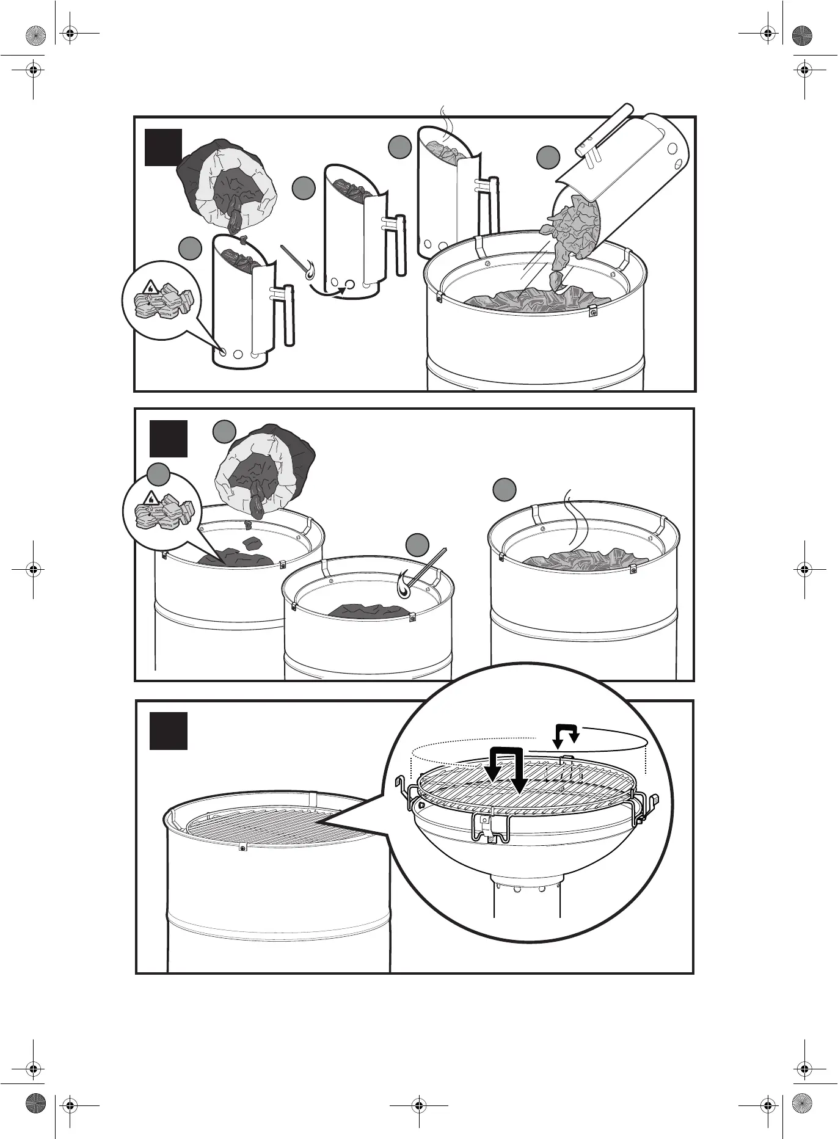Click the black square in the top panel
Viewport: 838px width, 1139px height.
(163, 147)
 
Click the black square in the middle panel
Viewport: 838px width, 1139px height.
(169, 438)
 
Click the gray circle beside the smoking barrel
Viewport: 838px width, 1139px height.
(505, 489)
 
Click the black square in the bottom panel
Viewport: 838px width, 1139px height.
(169, 730)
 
